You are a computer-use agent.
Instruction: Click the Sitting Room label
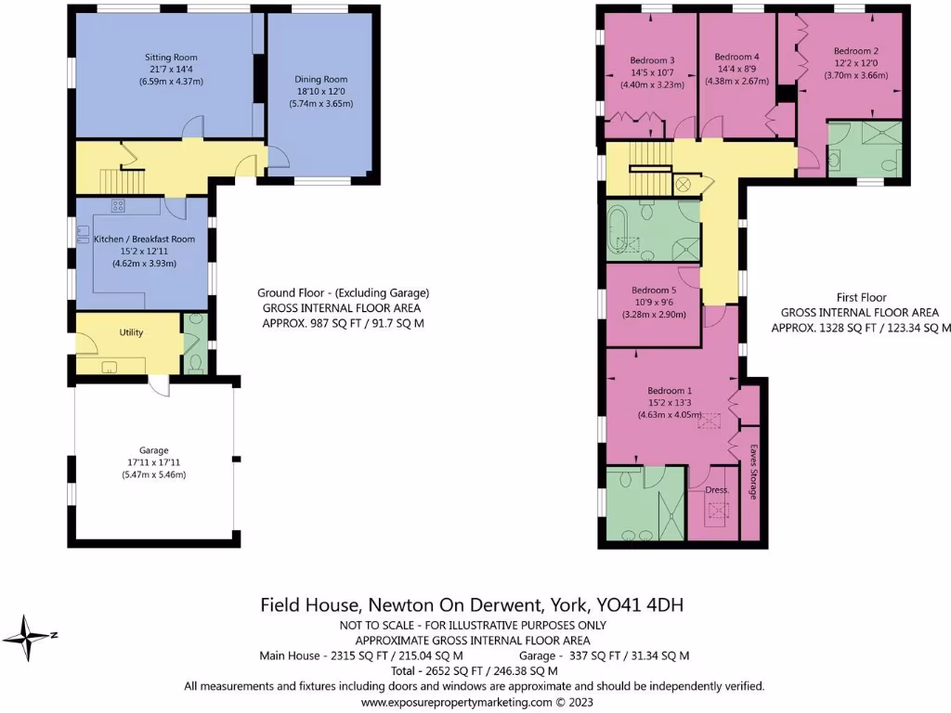[x=170, y=58]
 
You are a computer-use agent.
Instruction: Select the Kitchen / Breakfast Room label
[x=144, y=240]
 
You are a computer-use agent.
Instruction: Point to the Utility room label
[x=131, y=332]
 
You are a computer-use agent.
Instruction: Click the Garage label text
[x=154, y=450]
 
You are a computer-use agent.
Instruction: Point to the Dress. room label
[x=717, y=489]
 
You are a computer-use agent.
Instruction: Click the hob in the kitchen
[x=119, y=206]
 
